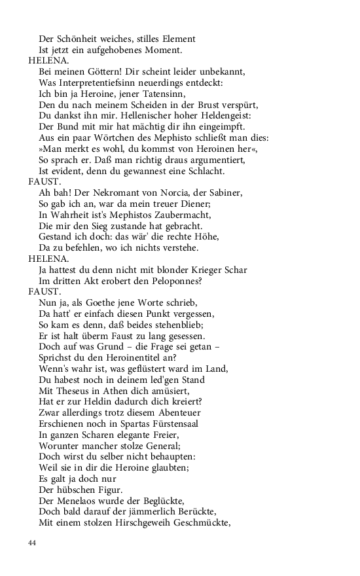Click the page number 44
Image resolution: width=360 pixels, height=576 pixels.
click(x=33, y=543)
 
